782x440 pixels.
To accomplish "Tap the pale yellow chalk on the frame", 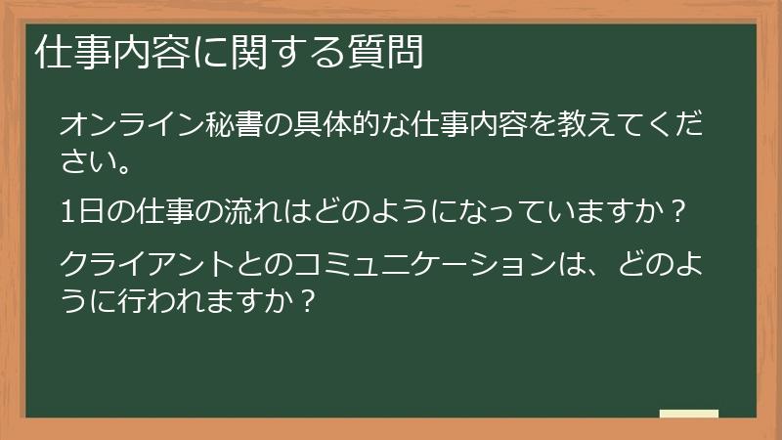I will pyautogui.click(x=689, y=414).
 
